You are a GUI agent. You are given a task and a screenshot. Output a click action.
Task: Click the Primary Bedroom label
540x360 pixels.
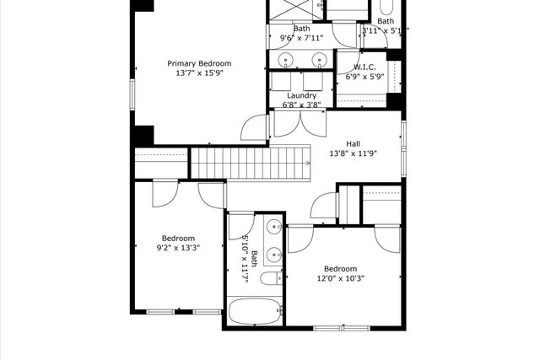199,63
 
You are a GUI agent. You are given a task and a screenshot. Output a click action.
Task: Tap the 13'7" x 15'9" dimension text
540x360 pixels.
199,74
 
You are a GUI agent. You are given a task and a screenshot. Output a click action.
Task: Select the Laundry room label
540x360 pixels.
301,95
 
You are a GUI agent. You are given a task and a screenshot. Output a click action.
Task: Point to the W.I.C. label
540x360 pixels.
364,67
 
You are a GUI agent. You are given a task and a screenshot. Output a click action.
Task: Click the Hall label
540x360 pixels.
354,143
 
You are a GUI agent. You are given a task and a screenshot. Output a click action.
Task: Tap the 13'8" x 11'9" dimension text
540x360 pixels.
354,153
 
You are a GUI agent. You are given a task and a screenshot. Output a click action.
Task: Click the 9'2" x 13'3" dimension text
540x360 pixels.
178,249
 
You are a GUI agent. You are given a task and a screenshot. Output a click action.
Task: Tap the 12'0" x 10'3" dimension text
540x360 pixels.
341,278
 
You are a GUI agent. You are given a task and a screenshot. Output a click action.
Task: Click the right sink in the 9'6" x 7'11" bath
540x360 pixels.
320,59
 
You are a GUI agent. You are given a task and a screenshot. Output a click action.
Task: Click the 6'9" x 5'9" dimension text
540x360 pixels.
364,77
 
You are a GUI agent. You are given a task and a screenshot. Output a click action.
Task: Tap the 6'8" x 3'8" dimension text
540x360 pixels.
301,105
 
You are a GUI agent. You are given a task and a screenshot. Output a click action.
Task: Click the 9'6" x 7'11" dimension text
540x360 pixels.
301,38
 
